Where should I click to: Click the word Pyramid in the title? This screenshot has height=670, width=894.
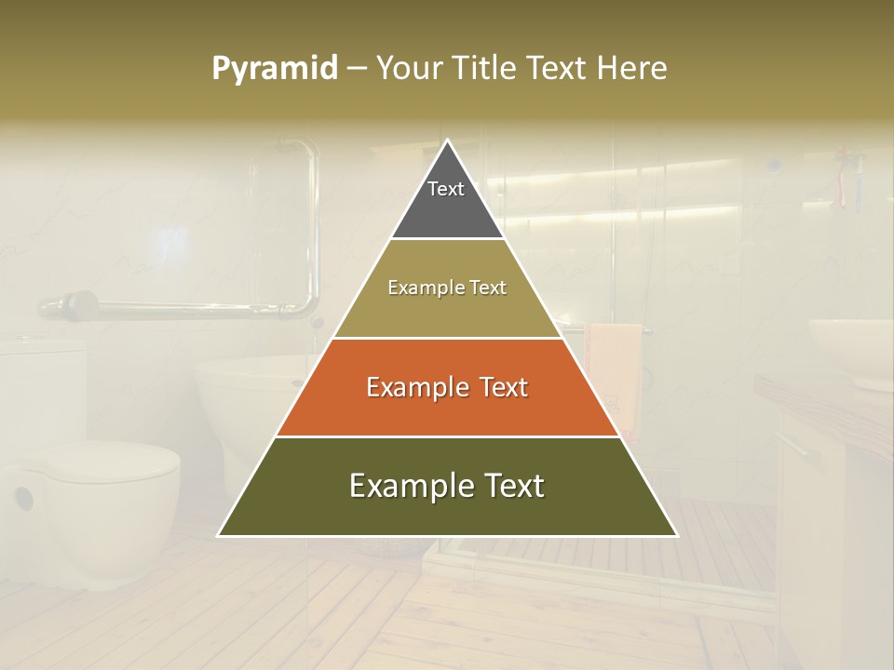point(275,68)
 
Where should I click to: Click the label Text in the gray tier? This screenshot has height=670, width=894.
point(446,189)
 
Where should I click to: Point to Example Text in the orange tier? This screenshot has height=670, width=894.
point(447,387)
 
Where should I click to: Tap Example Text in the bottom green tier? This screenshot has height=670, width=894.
point(447,486)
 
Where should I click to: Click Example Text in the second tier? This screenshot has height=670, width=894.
point(447,288)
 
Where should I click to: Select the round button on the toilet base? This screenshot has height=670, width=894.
point(22,498)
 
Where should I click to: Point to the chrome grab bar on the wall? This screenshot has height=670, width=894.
point(186,305)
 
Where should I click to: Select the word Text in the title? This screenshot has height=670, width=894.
point(559,68)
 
